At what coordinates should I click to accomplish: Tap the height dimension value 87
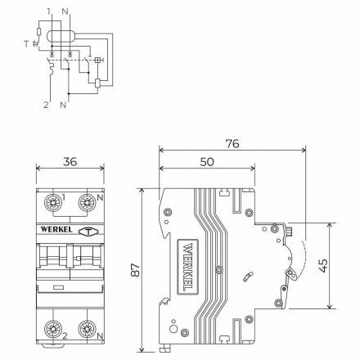(132, 269)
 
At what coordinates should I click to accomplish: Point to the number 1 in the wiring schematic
(48, 12)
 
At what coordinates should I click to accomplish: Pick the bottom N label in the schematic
(64, 106)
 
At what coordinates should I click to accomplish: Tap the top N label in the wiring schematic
(65, 12)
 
